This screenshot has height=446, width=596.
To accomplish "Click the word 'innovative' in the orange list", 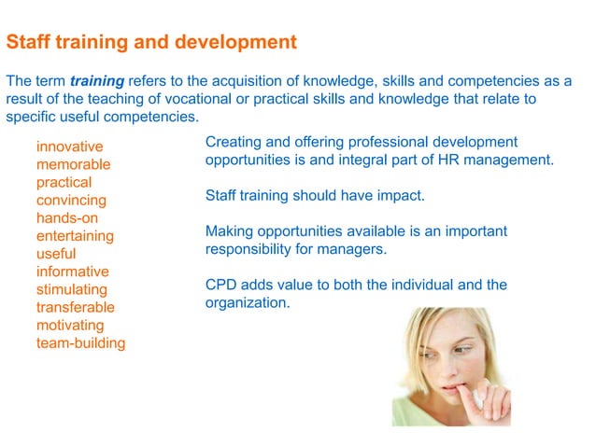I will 70,146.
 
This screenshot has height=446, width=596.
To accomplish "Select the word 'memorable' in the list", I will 74,164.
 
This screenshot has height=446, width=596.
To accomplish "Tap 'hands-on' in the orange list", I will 66,217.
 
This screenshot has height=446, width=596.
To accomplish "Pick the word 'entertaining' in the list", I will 75,236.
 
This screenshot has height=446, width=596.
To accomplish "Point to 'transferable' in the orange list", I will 76,307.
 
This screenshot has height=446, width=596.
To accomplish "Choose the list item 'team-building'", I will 80,342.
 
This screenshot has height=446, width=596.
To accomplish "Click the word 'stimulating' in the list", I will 72,289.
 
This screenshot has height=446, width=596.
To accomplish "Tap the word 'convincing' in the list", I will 71,200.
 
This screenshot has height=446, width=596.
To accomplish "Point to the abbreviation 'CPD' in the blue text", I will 221,285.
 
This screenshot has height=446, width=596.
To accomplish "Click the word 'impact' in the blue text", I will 399,196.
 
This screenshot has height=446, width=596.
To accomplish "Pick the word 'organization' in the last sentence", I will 246,302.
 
